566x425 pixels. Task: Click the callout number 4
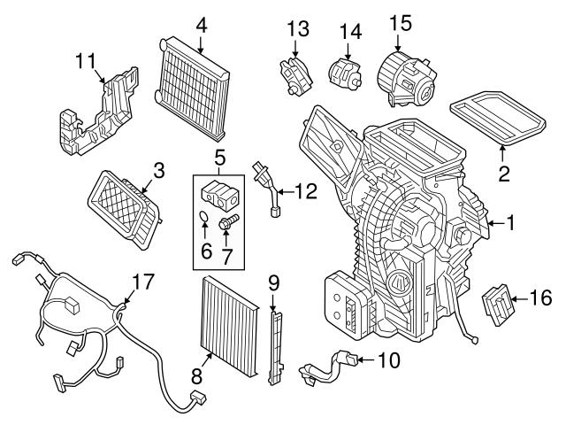[202, 24]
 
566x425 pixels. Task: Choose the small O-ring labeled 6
[203, 216]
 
